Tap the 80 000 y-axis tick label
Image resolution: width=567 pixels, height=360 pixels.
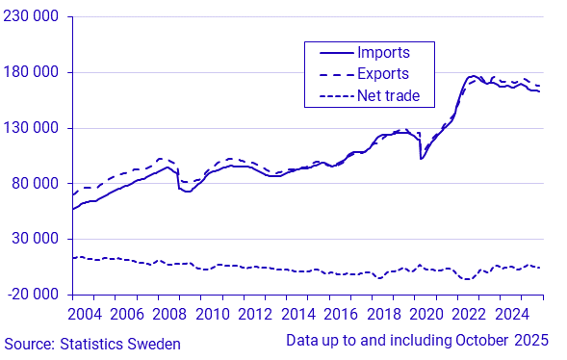[35, 184]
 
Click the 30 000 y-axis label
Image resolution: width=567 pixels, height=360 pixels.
[35, 239]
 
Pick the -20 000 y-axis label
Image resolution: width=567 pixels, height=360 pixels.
[33, 295]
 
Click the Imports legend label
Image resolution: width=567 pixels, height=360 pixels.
[383, 52]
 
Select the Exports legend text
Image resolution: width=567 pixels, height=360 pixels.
[383, 74]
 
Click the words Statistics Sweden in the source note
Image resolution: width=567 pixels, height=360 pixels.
[120, 344]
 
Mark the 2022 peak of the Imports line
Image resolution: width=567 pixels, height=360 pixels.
[472, 76]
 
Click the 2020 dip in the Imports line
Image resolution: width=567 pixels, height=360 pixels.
[421, 159]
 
